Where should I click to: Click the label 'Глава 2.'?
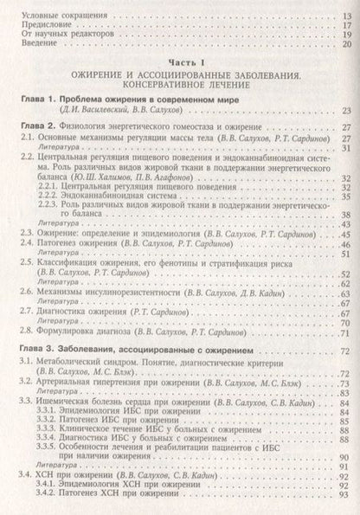[38, 126]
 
